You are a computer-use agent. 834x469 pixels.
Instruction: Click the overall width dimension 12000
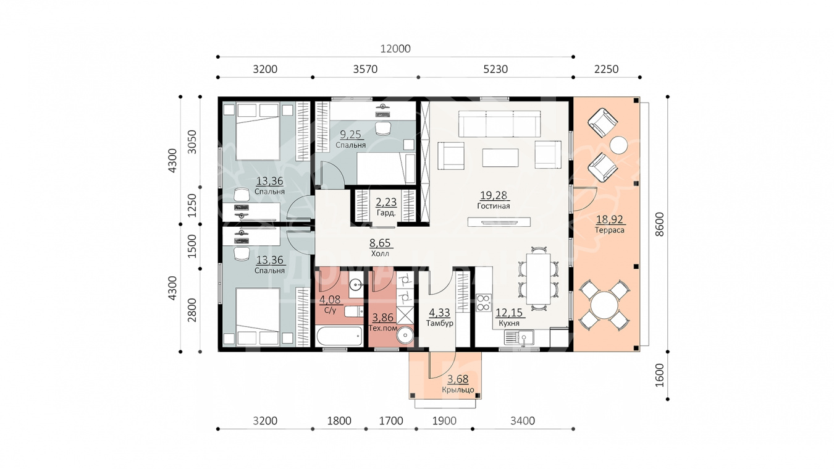[395, 49]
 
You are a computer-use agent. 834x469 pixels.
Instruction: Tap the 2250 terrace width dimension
[606, 69]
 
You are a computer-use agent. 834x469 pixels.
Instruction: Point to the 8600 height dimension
[659, 224]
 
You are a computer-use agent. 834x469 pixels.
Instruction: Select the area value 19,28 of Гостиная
[494, 195]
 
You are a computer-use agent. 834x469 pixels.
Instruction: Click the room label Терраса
[610, 230]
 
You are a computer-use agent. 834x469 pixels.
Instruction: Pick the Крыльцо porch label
[458, 390]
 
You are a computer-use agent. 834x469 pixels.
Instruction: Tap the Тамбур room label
[440, 323]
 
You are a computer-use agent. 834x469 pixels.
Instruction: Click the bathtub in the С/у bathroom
[339, 336]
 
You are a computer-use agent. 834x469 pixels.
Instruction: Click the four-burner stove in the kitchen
[484, 303]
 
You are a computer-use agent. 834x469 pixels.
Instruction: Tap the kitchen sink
[519, 337]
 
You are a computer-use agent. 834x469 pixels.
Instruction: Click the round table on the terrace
[605, 305]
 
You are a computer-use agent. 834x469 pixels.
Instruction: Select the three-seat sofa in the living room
[500, 124]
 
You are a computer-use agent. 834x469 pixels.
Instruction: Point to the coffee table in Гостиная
[500, 158]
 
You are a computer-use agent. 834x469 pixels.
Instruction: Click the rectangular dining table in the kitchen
[538, 279]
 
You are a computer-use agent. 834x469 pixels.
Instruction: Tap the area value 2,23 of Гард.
[386, 202]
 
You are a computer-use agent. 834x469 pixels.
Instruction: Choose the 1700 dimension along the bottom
[391, 421]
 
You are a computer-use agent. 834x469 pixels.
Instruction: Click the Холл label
[380, 254]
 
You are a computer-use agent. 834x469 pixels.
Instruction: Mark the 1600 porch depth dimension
[659, 376]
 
